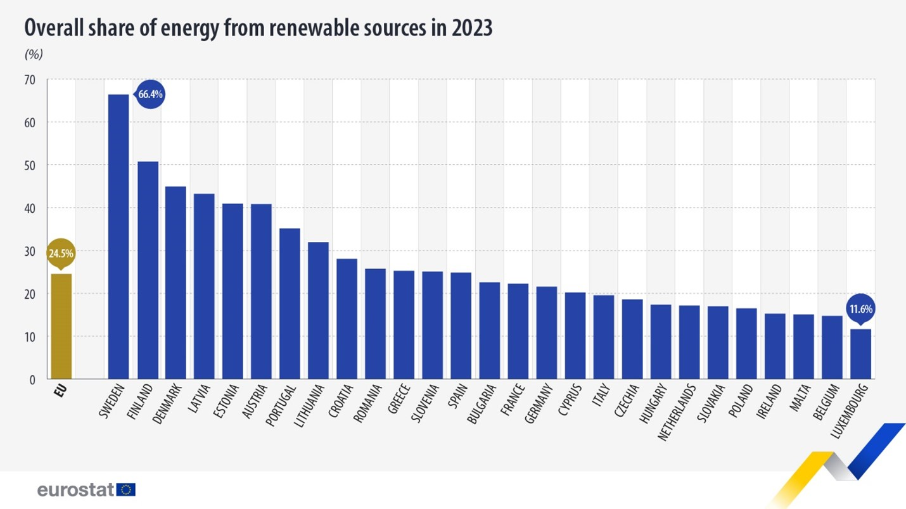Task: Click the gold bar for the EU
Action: coord(61,326)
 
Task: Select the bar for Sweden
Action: coord(118,237)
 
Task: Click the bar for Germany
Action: coord(547,333)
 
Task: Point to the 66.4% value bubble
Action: coord(150,94)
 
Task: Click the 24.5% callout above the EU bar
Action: coord(61,254)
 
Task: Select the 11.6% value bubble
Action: coord(860,310)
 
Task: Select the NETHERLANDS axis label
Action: coord(677,412)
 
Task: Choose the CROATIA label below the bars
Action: coord(341,402)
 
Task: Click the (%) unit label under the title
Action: coord(34,54)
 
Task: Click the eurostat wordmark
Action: coord(75,489)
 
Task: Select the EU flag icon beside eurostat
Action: coord(126,489)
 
